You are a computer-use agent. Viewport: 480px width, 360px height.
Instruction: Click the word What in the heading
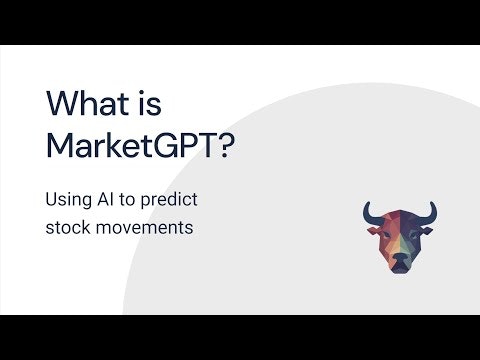(x=89, y=104)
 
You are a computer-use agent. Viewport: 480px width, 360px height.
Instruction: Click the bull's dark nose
(x=399, y=262)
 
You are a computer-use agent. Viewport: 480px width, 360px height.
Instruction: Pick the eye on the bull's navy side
(x=410, y=237)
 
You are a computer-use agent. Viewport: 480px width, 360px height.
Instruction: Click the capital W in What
(x=62, y=104)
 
